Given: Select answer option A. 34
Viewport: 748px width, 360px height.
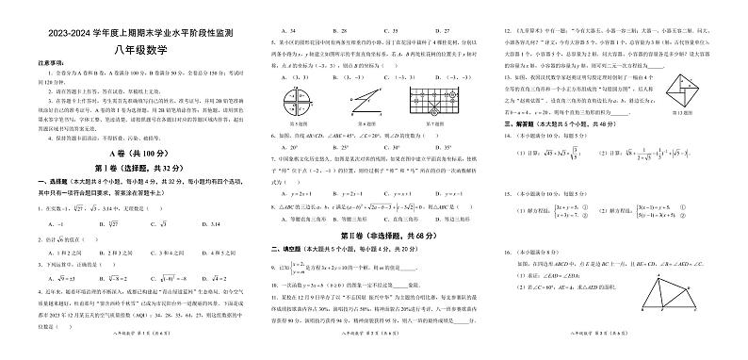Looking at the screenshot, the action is (x=272, y=31).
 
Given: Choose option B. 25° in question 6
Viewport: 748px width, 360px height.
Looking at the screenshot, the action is (x=325, y=147).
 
